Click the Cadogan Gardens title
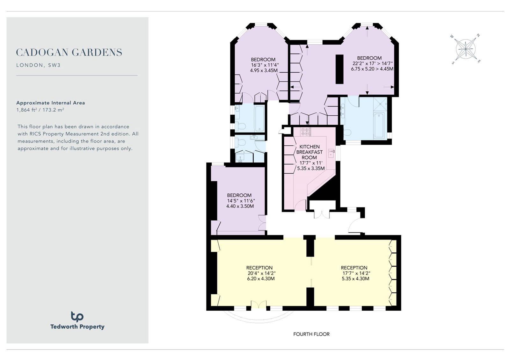click(x=69, y=52)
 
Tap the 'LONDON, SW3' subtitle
click(x=39, y=65)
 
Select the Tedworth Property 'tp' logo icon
click(x=77, y=317)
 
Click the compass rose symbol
click(x=466, y=49)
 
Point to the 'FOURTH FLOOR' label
click(x=311, y=334)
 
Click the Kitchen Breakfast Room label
click(x=310, y=152)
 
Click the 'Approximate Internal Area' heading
click(x=51, y=103)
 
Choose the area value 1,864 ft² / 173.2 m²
click(x=40, y=110)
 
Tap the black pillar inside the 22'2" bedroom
click(x=339, y=69)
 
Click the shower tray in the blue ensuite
click(x=380, y=104)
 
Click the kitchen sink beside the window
click(x=331, y=153)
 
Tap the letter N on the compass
click(x=478, y=35)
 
